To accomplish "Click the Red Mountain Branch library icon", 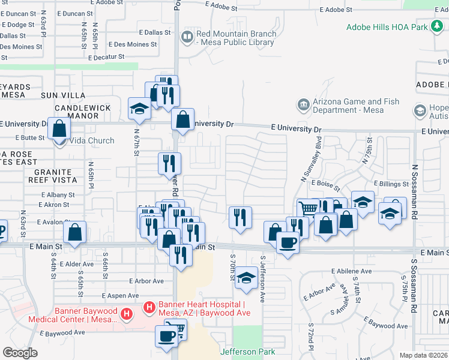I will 188,38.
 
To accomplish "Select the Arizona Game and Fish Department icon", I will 304,106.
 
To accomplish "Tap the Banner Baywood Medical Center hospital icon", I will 127,314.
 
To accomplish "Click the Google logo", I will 20,352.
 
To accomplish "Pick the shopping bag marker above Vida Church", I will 59,128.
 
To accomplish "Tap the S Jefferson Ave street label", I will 263,280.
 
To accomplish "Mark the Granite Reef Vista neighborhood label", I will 51,176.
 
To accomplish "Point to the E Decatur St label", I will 106,58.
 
